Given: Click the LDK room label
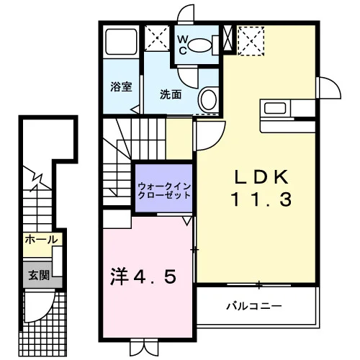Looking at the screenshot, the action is pos(261,177).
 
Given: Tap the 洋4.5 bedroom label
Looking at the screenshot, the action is pos(143,277).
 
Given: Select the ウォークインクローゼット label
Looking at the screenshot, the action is pos(164,191).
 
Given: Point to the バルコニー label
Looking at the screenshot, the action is pos(254,306).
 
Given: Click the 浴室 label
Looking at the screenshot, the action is pos(121,86).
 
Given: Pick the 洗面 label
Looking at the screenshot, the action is pos(171,94).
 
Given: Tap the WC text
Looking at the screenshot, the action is pos(183,45).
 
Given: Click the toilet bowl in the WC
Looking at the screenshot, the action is pos(199,45).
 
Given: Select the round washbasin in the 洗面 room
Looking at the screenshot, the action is pos(208,100).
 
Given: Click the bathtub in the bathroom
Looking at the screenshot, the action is pos(121,42).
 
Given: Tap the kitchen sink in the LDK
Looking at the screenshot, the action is pos(275,108).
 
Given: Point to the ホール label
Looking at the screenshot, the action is pos(42,240).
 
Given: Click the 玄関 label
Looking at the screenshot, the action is pos(39,275).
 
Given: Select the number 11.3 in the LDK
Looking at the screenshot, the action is pos(261,199).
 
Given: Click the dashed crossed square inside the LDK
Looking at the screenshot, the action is pos(251,41).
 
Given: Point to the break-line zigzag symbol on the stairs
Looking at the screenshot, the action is pos(37,179).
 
